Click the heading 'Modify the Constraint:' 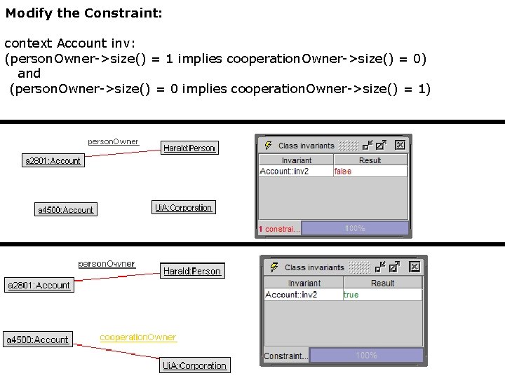(84, 13)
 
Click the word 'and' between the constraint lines (29, 73)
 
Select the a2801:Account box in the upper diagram (53, 161)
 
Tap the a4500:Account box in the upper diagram (65, 210)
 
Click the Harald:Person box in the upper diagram (189, 148)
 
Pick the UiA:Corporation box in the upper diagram (183, 208)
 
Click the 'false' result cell (343, 171)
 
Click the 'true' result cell (351, 295)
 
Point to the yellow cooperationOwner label (137, 337)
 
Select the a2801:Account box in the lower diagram (39, 286)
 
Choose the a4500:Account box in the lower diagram (38, 340)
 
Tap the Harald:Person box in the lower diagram (192, 271)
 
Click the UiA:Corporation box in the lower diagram (195, 365)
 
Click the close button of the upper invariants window (399, 146)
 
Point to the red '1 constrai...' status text (279, 229)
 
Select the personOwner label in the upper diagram (113, 141)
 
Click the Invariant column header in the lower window (304, 283)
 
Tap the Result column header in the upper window (370, 160)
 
